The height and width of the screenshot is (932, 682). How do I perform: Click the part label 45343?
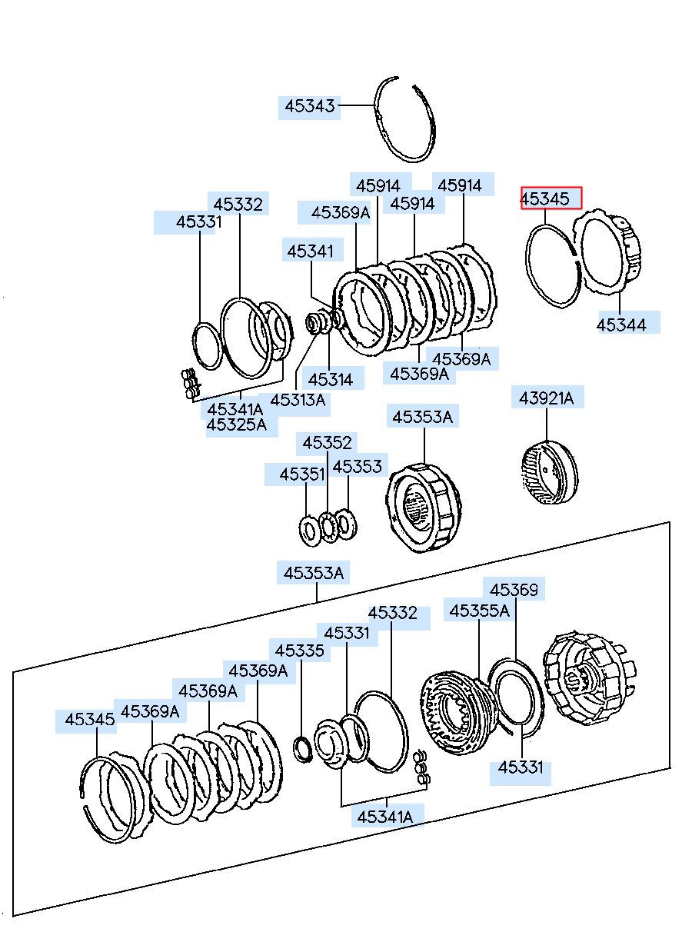pos(311,106)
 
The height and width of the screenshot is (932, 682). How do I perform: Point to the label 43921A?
pos(546,398)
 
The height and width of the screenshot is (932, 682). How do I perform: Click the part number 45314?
pos(331,379)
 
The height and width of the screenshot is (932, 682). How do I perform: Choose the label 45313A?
pos(298,400)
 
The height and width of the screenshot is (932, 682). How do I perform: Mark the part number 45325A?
pos(236,424)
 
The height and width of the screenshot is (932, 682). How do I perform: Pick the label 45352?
pos(327,443)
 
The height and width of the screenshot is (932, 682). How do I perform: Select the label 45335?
pos(300,651)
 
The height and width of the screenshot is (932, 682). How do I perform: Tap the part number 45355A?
pos(479,611)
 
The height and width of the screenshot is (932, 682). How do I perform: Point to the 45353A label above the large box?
pos(314,573)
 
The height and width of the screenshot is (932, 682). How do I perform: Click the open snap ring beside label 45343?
pos(405,119)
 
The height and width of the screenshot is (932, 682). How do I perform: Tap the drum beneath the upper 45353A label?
pos(423,508)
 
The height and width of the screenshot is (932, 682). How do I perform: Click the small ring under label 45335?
pos(304,748)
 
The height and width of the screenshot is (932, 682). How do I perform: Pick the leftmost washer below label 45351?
pos(310,530)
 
